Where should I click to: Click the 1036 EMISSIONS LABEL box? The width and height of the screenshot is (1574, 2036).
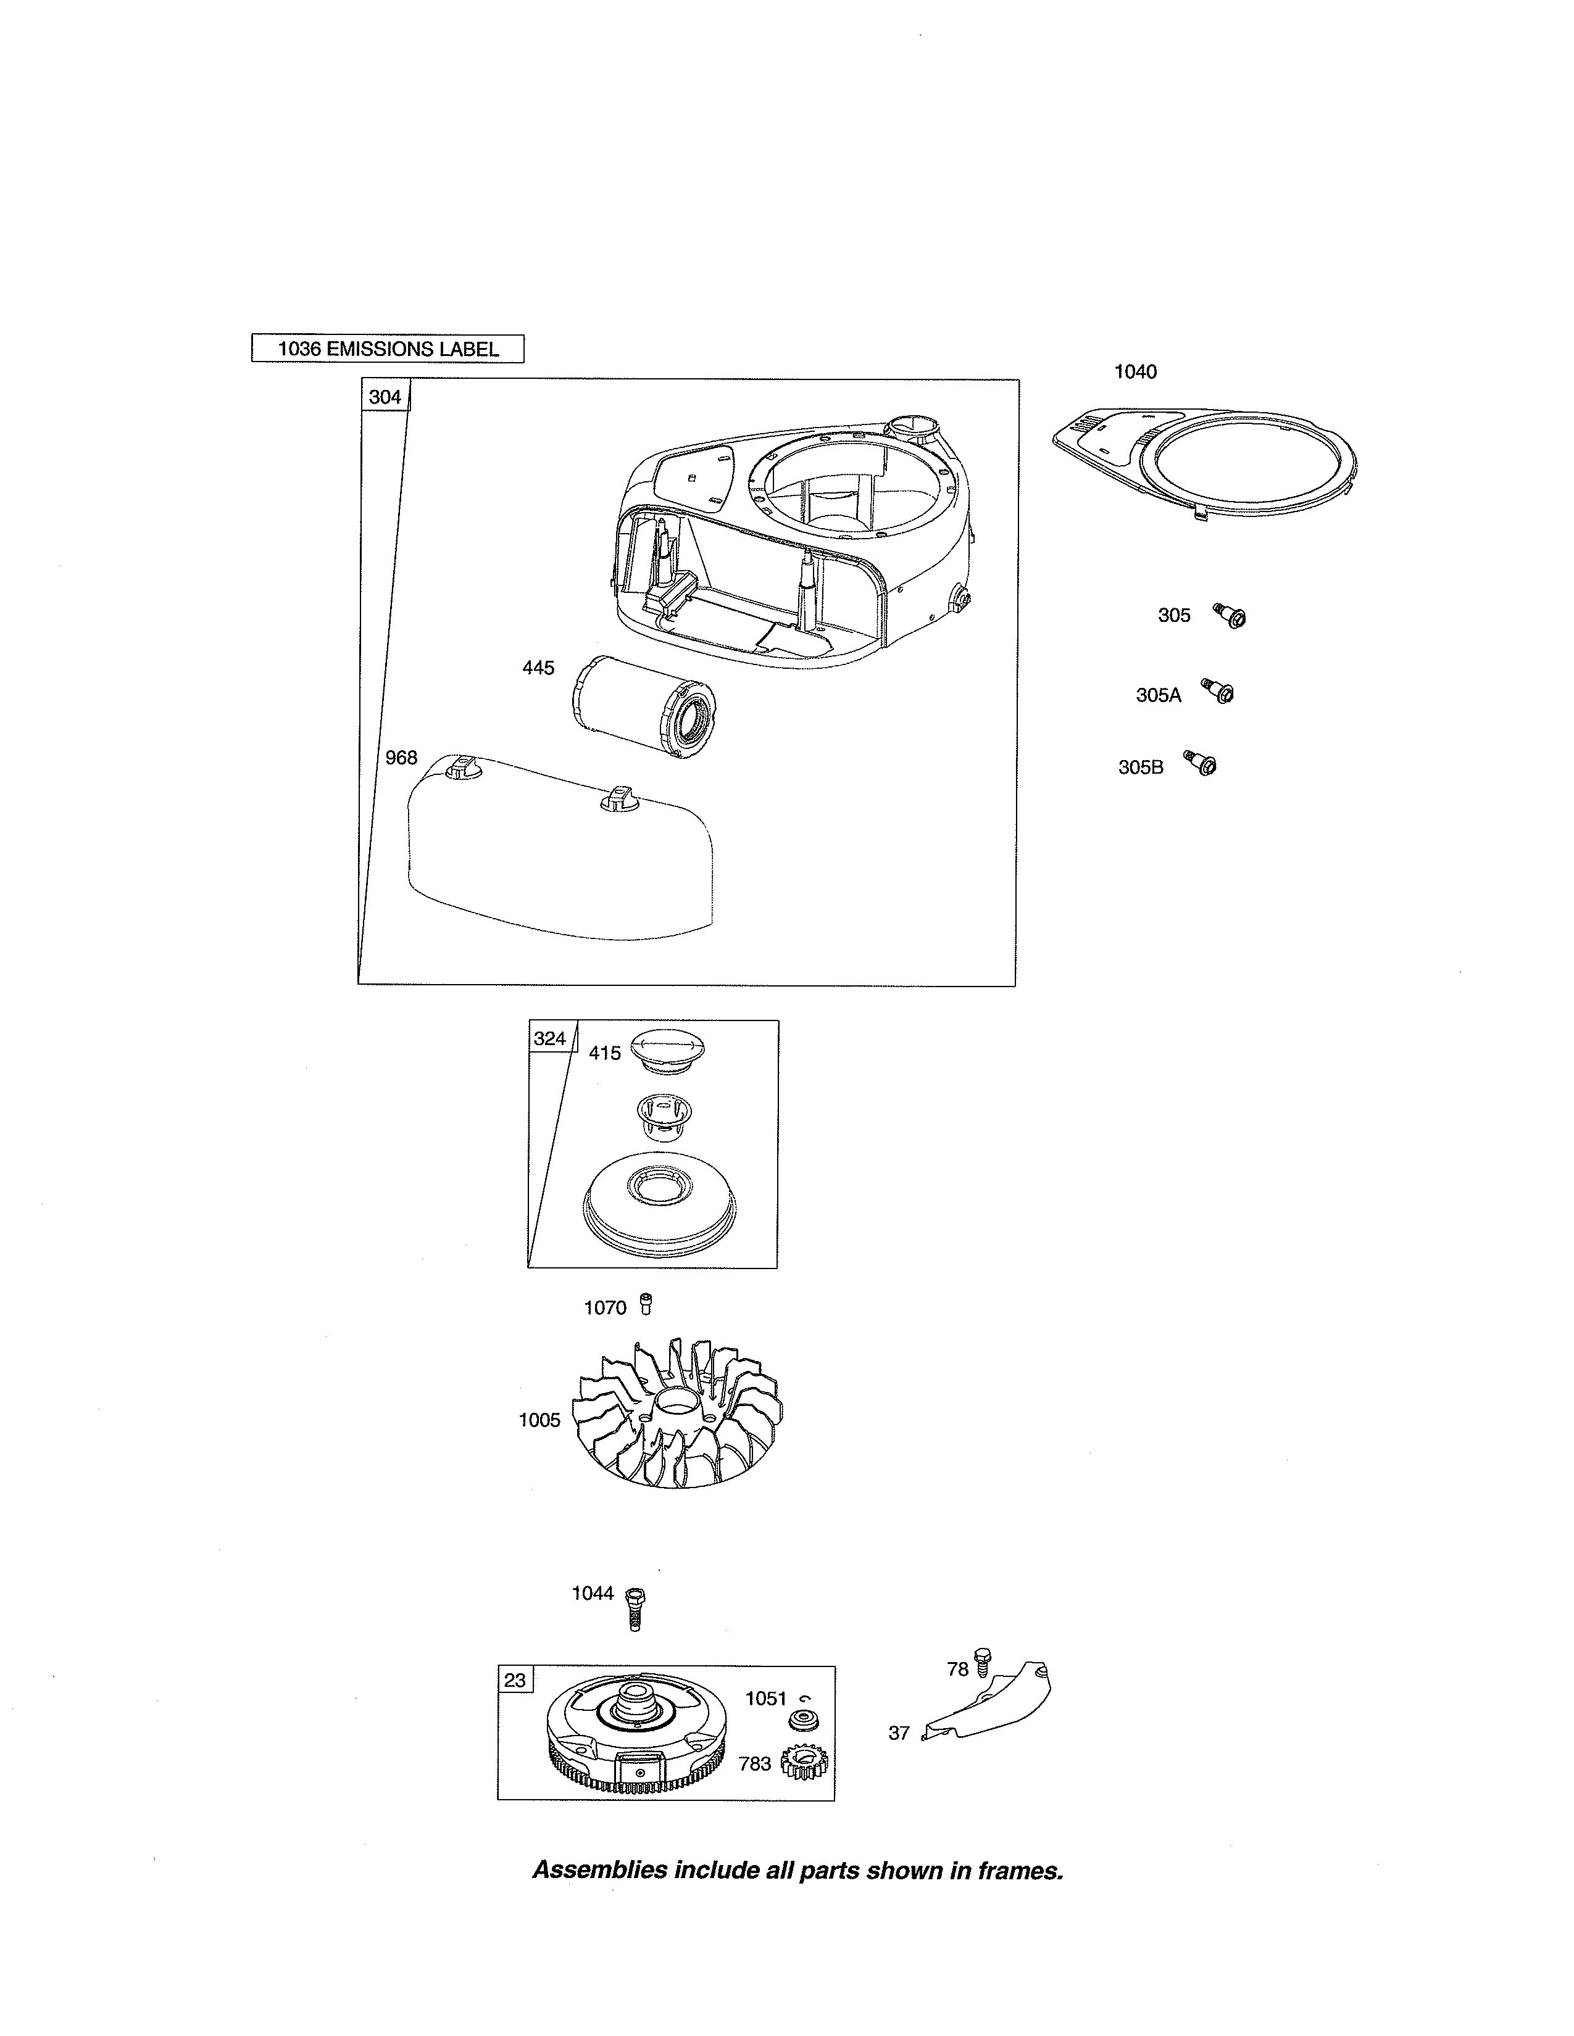click(x=388, y=349)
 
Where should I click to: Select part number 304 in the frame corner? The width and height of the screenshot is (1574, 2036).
click(x=384, y=397)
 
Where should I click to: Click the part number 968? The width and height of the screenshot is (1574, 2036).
click(x=401, y=758)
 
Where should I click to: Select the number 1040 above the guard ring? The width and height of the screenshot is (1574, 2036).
click(x=1135, y=372)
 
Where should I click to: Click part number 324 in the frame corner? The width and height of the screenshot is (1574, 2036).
click(x=549, y=1038)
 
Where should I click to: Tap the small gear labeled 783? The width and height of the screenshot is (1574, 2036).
click(x=804, y=1763)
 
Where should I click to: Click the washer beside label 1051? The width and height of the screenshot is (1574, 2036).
click(x=800, y=1721)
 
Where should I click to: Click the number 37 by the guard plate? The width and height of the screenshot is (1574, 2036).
click(x=898, y=1733)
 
